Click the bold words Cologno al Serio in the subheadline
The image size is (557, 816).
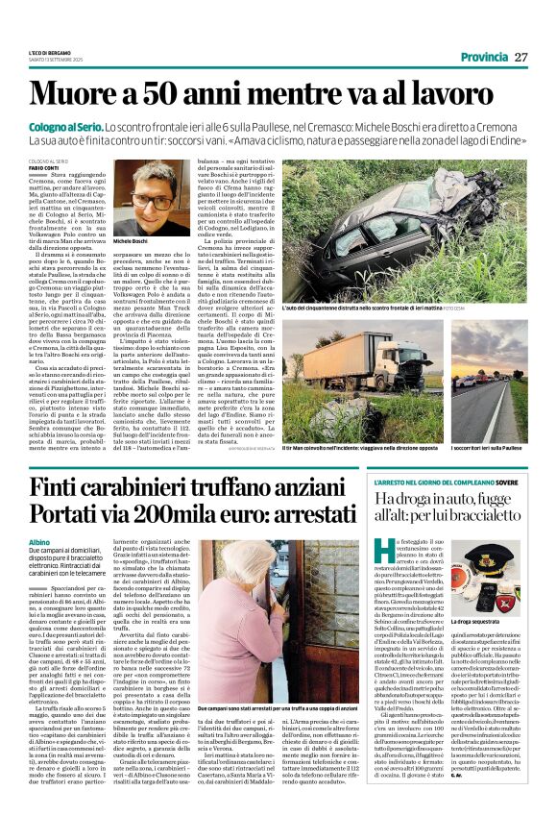(66, 127)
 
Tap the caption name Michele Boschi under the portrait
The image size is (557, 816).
(133, 242)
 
